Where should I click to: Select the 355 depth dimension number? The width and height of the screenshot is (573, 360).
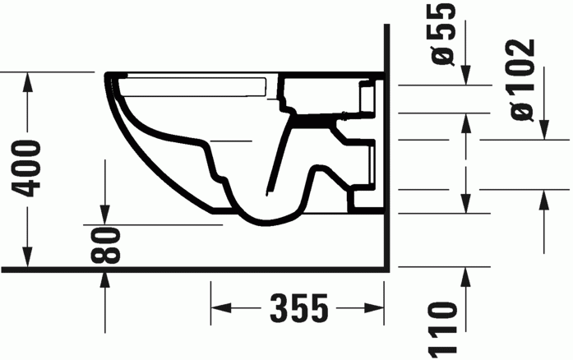point(298,309)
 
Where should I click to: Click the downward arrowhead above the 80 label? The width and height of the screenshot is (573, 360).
point(104,215)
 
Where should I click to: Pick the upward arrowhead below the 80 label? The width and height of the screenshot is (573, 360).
point(104,279)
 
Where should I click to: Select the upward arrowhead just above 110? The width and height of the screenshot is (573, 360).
point(466,275)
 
